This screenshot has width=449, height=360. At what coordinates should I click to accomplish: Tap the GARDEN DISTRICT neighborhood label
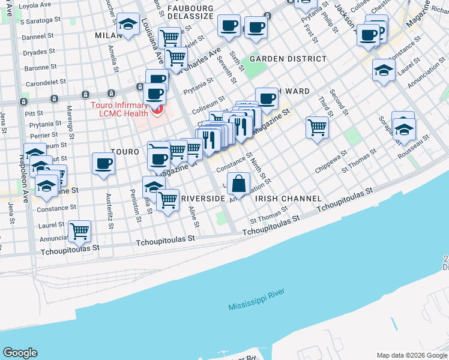point(288,59)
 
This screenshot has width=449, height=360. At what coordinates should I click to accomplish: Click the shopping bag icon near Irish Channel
point(238,184)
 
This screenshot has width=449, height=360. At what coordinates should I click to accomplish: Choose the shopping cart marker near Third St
point(317,127)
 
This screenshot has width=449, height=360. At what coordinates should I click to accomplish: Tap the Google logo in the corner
point(20,353)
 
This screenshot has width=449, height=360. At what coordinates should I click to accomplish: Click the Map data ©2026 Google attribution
point(412,355)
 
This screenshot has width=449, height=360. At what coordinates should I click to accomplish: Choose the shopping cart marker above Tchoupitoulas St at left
point(79,230)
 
